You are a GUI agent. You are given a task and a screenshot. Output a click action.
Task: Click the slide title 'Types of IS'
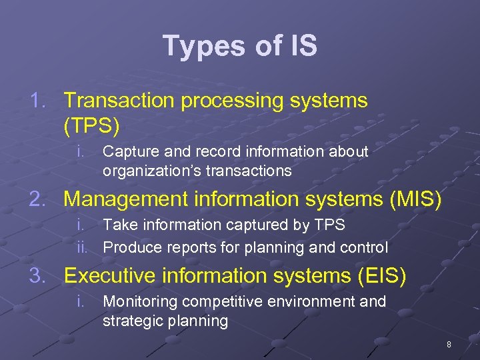(x=240, y=46)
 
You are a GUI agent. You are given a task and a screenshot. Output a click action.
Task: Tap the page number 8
(x=449, y=345)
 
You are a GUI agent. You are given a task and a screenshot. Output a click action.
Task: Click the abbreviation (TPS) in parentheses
(x=91, y=125)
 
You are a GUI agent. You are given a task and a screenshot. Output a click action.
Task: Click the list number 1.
(x=39, y=101)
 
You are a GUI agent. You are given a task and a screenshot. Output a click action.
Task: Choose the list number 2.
(x=39, y=199)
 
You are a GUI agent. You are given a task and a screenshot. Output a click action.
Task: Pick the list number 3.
(x=39, y=275)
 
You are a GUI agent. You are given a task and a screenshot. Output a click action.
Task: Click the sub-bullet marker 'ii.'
(x=82, y=248)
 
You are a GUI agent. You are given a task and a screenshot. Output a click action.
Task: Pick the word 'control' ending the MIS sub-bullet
(x=364, y=248)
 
